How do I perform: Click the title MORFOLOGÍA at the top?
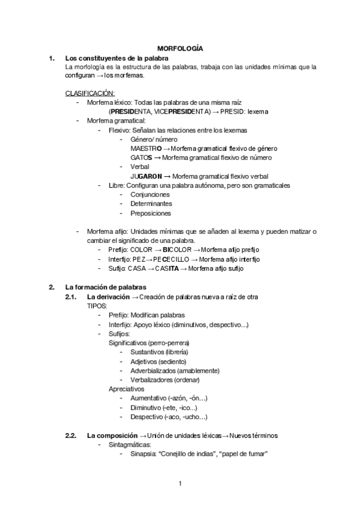click(x=180, y=48)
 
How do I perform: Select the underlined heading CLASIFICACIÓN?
click(x=90, y=93)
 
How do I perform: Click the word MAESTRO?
click(x=145, y=149)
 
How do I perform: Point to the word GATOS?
click(x=141, y=158)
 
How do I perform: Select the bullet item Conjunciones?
click(x=150, y=195)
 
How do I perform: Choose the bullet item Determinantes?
click(x=151, y=204)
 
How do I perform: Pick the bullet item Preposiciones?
click(x=150, y=213)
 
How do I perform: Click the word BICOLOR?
click(x=177, y=250)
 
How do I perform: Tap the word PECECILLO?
click(x=169, y=259)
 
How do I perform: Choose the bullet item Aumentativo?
click(x=150, y=398)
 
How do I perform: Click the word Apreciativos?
click(x=126, y=389)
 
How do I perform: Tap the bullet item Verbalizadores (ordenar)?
click(x=165, y=380)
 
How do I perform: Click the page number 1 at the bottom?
click(x=180, y=482)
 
